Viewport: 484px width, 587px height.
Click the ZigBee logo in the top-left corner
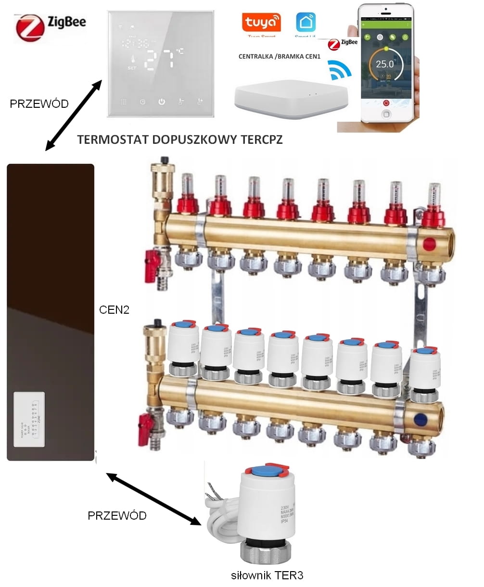click(51, 27)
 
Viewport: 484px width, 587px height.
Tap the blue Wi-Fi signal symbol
click(340, 70)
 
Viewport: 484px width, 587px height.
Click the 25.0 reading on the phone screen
click(384, 64)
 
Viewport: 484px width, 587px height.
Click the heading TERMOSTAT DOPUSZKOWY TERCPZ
click(180, 140)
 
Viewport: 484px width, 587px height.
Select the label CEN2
click(115, 309)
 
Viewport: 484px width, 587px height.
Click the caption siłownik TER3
click(267, 575)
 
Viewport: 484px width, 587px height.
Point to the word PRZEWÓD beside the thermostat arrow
click(39, 103)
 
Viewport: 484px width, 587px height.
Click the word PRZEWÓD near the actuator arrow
click(117, 516)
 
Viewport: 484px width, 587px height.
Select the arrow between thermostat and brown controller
click(73, 115)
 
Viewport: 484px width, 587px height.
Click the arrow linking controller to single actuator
click(153, 499)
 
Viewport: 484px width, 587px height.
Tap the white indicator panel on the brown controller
click(29, 417)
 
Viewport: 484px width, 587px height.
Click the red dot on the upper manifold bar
click(428, 243)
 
